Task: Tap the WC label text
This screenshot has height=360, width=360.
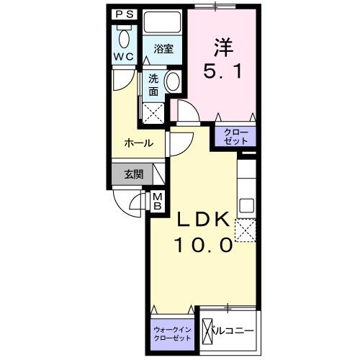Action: [x=122, y=56]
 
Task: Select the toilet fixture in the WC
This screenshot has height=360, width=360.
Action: [x=123, y=37]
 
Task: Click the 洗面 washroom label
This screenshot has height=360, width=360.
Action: [x=154, y=85]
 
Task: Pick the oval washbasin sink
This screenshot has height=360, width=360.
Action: [x=173, y=83]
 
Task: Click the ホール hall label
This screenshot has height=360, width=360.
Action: [x=138, y=143]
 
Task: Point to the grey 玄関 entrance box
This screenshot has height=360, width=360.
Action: [x=132, y=174]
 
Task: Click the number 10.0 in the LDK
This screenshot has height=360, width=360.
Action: [x=203, y=245]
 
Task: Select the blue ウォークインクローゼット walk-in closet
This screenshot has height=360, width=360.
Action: [x=173, y=333]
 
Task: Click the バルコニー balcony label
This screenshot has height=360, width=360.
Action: [x=230, y=332]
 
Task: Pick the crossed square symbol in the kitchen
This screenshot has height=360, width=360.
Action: [x=247, y=230]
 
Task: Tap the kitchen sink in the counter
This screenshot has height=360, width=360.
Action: [x=247, y=203]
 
